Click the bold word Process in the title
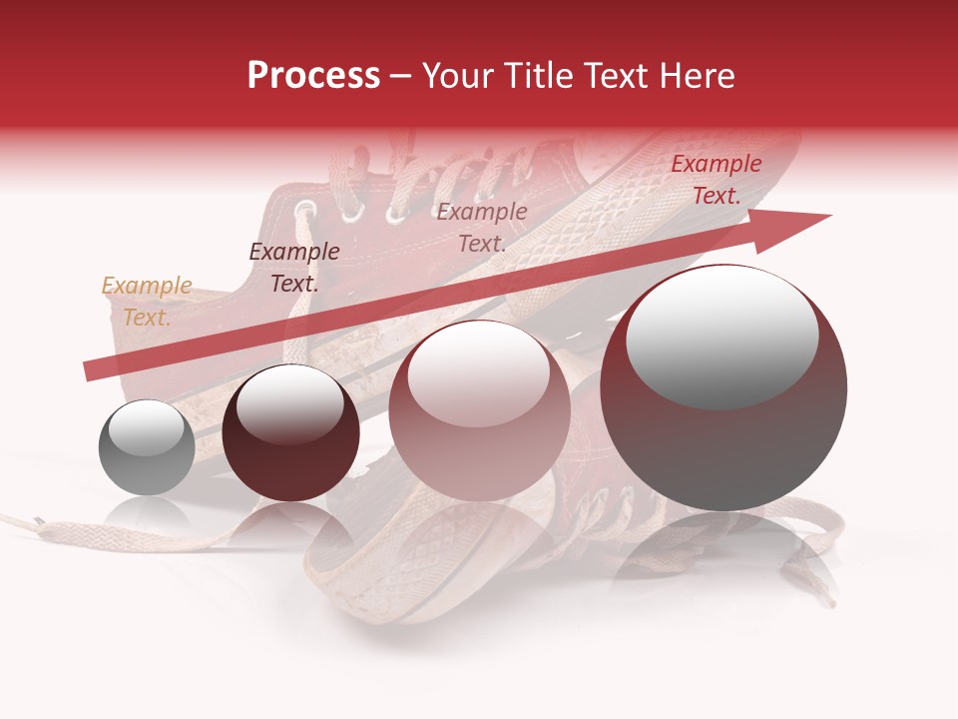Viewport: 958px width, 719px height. (313, 76)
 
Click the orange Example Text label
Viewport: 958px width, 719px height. (147, 302)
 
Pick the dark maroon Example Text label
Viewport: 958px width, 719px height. (294, 268)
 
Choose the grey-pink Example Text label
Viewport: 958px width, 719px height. (482, 227)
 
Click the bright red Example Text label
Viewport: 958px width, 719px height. (717, 180)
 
